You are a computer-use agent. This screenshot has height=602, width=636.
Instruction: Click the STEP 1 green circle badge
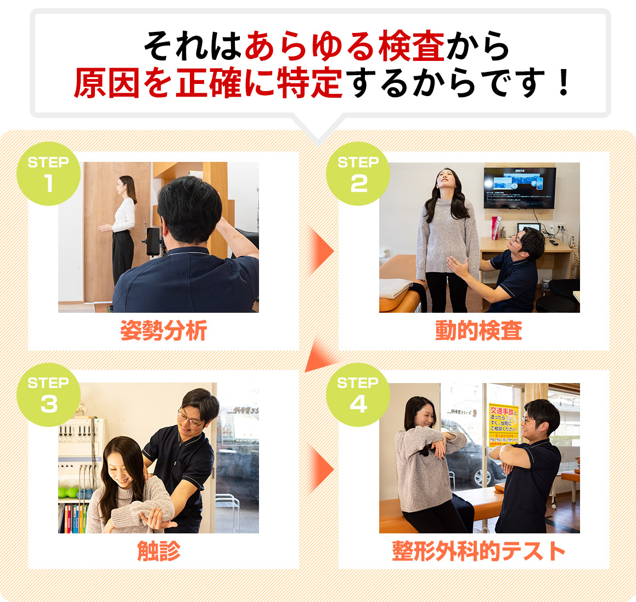click(x=48, y=174)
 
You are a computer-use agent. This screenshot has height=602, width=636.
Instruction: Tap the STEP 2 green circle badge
click(x=358, y=174)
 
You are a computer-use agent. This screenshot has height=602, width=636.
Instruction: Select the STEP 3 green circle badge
click(x=48, y=395)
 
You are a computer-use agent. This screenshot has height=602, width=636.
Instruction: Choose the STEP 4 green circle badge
click(x=358, y=395)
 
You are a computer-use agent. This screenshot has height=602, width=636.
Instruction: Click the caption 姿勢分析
click(x=163, y=331)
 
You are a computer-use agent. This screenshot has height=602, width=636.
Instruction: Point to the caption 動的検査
click(x=478, y=331)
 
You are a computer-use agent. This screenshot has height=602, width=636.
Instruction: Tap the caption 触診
click(x=159, y=551)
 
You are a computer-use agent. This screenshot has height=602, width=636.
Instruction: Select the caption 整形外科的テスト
click(x=478, y=551)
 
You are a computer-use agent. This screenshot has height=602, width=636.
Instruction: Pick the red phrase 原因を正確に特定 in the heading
click(x=209, y=83)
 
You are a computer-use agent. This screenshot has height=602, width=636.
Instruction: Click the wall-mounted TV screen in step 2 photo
click(x=519, y=188)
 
